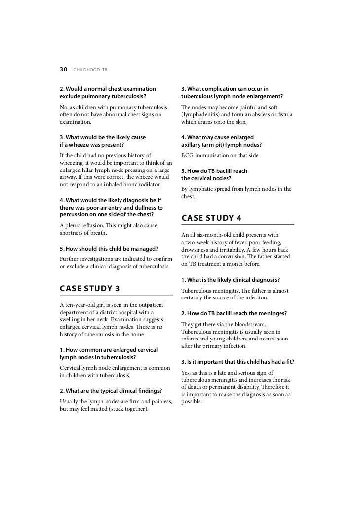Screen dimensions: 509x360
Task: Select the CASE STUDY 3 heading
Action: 90,288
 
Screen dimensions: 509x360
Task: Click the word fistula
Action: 283,115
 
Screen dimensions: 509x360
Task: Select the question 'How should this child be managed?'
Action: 108,248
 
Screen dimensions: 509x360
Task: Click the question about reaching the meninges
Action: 234,313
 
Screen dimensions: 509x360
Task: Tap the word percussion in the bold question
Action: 77,215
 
